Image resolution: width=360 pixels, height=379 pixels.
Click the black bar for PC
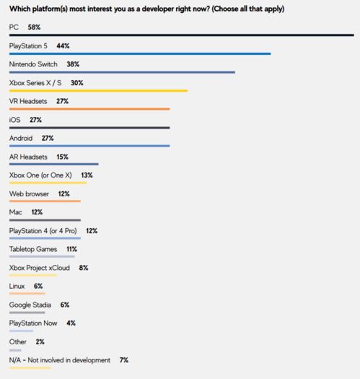[182, 35]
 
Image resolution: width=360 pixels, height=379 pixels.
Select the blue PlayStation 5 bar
[140, 53]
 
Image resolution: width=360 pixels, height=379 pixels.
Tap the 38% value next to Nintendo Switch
[73, 64]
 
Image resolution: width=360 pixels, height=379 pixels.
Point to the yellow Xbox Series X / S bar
[98, 91]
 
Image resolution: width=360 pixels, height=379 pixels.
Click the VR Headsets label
[28, 101]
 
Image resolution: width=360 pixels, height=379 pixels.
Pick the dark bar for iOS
[89, 128]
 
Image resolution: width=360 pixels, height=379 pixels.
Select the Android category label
[21, 139]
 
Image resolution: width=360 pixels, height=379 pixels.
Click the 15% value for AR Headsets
[62, 157]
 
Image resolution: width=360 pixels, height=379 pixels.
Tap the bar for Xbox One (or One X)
[48, 183]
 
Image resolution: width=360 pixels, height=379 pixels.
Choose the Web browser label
[29, 194]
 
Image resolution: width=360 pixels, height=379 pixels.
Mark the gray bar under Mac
[45, 220]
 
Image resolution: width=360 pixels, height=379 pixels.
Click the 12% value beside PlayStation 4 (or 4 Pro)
[92, 231]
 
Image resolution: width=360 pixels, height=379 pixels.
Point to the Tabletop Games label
[33, 249]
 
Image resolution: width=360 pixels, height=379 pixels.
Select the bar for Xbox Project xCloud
[33, 275]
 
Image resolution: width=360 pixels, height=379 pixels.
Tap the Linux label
[17, 286]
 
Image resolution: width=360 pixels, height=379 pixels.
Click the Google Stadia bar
[27, 313]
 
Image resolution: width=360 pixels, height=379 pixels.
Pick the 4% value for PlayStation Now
[71, 323]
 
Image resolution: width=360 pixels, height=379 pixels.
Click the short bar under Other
[15, 350]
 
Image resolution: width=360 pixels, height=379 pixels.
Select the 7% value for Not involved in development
[124, 360]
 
